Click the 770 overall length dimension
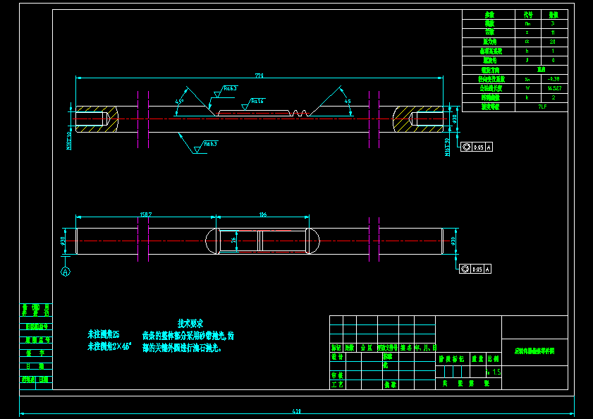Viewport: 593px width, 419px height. [259, 75]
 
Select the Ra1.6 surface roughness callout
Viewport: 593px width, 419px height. [257, 102]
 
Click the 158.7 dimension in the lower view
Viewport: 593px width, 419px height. [146, 214]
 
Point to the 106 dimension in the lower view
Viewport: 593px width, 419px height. [262, 214]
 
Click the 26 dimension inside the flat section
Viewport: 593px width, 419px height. [234, 240]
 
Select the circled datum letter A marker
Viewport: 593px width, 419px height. [66, 271]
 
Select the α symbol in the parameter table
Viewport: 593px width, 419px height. [527, 42]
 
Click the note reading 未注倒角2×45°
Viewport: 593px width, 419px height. [109, 346]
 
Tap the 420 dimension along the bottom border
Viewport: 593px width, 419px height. [296, 411]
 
